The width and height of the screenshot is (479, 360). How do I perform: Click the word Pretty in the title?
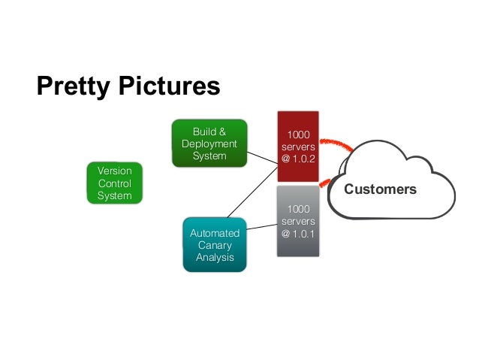point(74,86)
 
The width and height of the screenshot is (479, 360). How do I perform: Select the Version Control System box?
point(114,183)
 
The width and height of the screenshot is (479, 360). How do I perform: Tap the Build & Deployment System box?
point(209,144)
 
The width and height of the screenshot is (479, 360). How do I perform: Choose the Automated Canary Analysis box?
point(215,244)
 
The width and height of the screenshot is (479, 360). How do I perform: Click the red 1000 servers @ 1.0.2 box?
point(298,146)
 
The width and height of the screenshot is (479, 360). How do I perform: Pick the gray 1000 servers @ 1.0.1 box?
point(298,221)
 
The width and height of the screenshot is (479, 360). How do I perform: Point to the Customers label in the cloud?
point(380,189)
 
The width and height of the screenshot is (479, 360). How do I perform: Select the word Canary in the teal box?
point(215,245)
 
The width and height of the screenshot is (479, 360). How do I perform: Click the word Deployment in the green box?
point(209,144)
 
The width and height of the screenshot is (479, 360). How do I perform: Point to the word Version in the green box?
point(114,171)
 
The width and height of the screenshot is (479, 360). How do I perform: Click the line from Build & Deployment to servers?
point(262,161)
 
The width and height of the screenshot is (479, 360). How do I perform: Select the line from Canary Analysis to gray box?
point(261,227)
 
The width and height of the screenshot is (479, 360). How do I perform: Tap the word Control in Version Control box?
point(114,183)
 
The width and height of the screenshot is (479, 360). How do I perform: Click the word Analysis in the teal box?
point(215,258)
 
